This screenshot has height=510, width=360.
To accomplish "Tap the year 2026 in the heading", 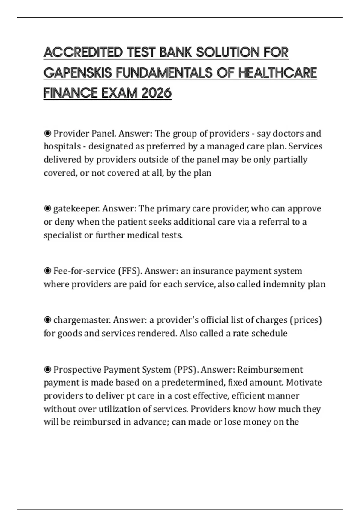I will pos(156,93).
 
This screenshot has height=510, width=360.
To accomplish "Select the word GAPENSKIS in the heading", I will pos(78,73).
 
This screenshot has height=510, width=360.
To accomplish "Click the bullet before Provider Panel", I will pos(47,133).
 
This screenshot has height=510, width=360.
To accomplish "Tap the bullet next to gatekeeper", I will pos(47,208).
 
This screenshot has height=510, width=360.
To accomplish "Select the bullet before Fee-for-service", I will pos(47,271).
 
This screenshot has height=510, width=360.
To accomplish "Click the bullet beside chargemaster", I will pos(47,320).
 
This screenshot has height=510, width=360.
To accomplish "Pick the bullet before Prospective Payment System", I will pos(47,369).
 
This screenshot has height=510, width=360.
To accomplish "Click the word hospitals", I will pos(62,146).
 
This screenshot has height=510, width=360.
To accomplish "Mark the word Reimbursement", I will pos(270,369).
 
